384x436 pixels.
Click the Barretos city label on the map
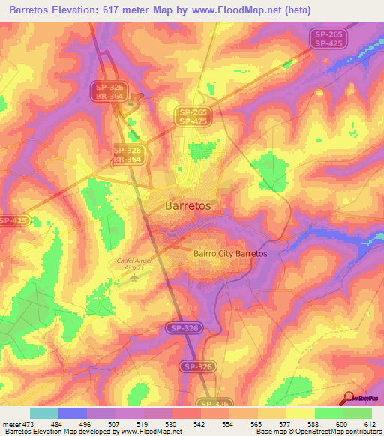(x=187, y=205)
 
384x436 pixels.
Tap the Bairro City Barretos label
(x=230, y=254)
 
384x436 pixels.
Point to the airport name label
(x=135, y=264)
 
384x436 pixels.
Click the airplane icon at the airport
(x=134, y=279)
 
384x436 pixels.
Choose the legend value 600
(x=341, y=423)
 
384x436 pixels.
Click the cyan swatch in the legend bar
(x=44, y=413)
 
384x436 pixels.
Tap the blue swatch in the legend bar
(x=73, y=413)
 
